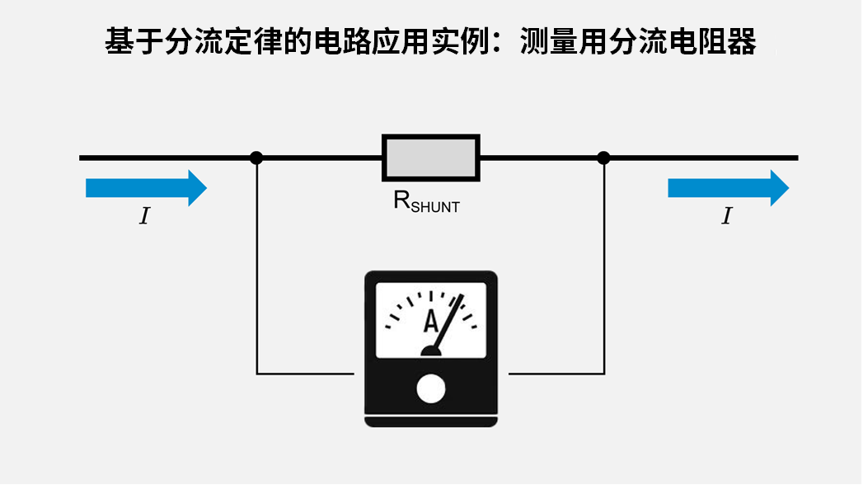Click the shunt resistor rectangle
(x=430, y=158)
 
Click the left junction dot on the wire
(x=256, y=158)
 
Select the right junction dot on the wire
(x=603, y=158)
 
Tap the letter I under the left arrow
(x=145, y=217)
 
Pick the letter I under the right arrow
(x=726, y=217)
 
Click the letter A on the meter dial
(x=430, y=322)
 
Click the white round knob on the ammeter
(x=430, y=389)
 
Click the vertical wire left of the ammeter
(x=256, y=272)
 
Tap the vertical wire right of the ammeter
(x=604, y=272)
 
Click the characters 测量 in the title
(x=551, y=41)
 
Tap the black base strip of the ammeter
(x=430, y=421)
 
